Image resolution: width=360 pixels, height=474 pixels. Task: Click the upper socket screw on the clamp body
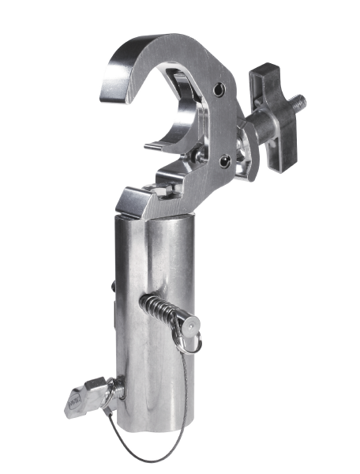pyautogui.click(x=229, y=88)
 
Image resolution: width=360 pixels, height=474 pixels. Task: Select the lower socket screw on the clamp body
pyautogui.click(x=227, y=161)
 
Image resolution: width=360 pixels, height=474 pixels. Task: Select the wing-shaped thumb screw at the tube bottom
pyautogui.click(x=80, y=400)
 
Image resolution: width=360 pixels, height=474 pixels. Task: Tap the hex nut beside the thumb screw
pyautogui.click(x=111, y=388)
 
